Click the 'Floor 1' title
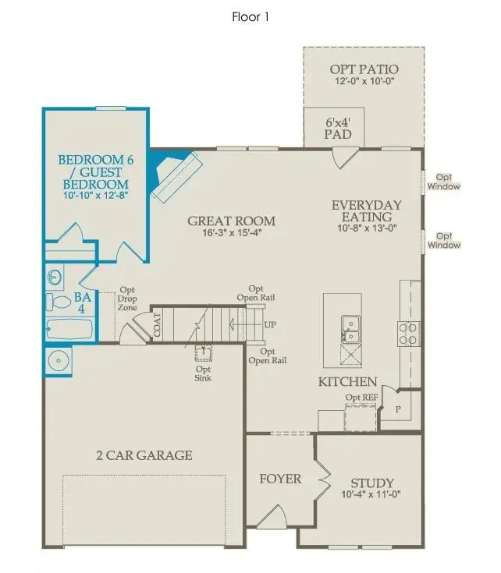click(x=250, y=16)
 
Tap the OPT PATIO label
click(x=363, y=70)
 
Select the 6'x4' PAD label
click(x=338, y=129)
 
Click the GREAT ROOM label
click(x=231, y=221)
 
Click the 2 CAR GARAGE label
click(x=144, y=455)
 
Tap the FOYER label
click(x=280, y=479)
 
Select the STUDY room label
click(x=372, y=483)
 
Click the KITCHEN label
click(x=347, y=382)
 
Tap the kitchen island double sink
click(x=350, y=329)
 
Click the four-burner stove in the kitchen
click(x=409, y=334)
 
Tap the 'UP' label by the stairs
click(x=270, y=324)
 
